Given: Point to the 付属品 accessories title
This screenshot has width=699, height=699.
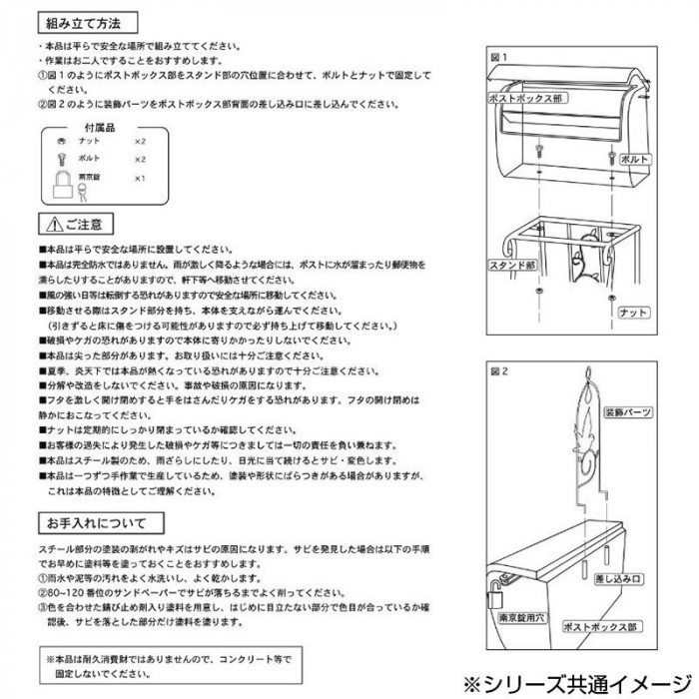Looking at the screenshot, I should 98,127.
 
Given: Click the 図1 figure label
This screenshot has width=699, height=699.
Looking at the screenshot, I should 499,56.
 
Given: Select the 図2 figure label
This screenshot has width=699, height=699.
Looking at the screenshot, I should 499,367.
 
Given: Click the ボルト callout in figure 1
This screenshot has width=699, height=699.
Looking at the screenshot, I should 635,159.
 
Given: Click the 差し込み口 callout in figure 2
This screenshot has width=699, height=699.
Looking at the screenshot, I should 616,577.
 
